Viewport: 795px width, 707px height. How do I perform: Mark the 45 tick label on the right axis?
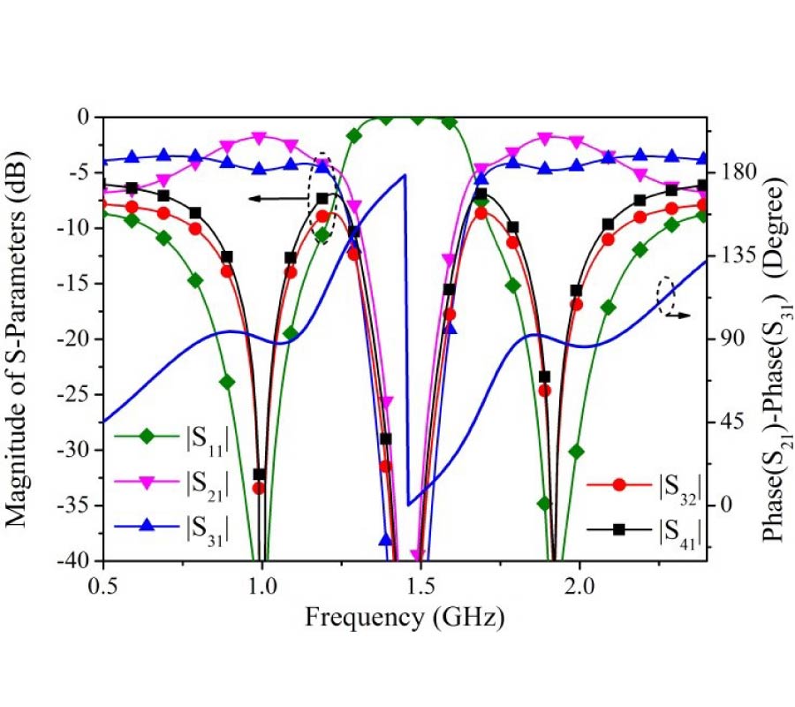click(x=731, y=422)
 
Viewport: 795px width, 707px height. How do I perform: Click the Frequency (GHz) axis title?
click(x=405, y=616)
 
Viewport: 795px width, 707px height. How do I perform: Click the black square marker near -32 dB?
click(x=259, y=475)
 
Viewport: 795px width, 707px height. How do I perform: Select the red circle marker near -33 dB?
click(x=258, y=488)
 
